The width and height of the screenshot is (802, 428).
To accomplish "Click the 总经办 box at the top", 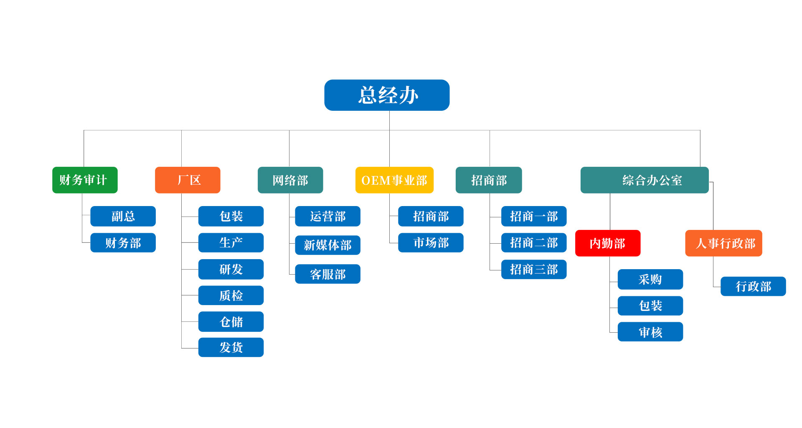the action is click(387, 95).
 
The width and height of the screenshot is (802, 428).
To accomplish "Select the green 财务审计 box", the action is click(85, 180).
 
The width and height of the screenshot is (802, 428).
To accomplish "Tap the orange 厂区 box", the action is click(188, 180).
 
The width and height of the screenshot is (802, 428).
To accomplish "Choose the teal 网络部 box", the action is click(290, 180).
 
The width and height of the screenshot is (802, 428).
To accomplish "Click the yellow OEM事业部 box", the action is click(394, 180).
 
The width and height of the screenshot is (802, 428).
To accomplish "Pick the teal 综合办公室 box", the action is click(645, 180).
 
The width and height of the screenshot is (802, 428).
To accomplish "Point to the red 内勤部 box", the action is click(608, 243).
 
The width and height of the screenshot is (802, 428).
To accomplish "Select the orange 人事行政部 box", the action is click(724, 243).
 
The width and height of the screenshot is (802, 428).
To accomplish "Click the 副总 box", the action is click(123, 216).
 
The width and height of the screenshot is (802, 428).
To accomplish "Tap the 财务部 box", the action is click(123, 243).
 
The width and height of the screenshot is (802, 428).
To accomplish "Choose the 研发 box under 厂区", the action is click(231, 269).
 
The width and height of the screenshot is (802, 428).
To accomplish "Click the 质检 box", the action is click(231, 296).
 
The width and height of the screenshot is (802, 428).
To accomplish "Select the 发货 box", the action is click(231, 347).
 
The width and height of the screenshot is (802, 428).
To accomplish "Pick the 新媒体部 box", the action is click(327, 245).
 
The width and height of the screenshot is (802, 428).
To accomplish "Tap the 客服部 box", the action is click(327, 274).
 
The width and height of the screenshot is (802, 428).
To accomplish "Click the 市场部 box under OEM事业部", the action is click(431, 243).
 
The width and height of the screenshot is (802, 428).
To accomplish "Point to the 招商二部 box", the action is click(534, 243).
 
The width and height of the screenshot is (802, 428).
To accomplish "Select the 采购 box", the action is click(650, 279).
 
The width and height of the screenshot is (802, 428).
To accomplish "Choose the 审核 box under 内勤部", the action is click(650, 332).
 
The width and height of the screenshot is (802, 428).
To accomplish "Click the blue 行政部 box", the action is click(753, 286).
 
